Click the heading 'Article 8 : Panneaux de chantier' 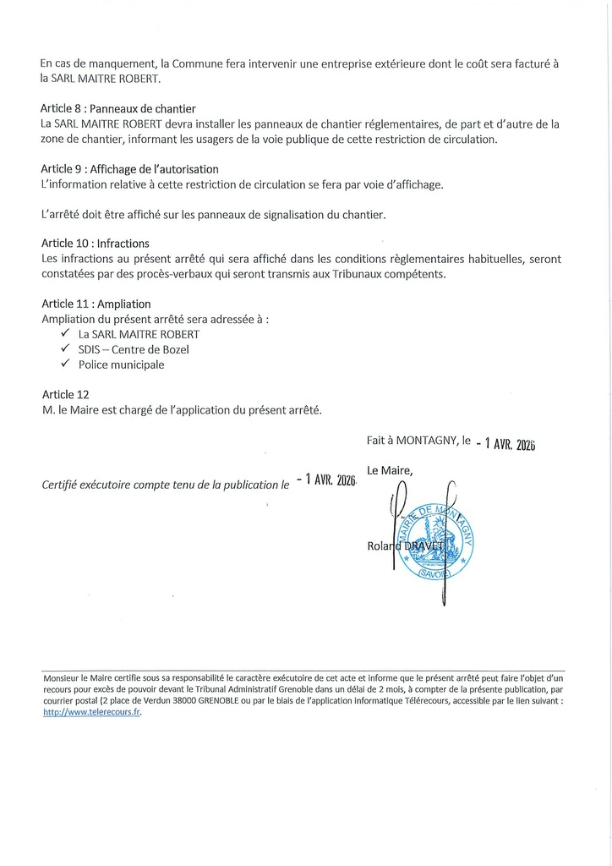pyautogui.click(x=117, y=109)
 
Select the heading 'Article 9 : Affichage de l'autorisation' pyautogui.click(x=129, y=169)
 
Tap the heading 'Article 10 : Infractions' pyautogui.click(x=95, y=244)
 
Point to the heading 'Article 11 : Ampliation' pyautogui.click(x=96, y=304)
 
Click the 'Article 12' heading pyautogui.click(x=64, y=395)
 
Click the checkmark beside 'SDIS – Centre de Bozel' pyautogui.click(x=64, y=349)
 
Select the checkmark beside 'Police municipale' pyautogui.click(x=64, y=364)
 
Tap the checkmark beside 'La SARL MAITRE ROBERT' pyautogui.click(x=64, y=334)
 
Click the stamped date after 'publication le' pyautogui.click(x=325, y=480)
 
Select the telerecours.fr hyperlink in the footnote pyautogui.click(x=91, y=712)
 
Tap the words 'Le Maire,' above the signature pyautogui.click(x=391, y=469)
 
